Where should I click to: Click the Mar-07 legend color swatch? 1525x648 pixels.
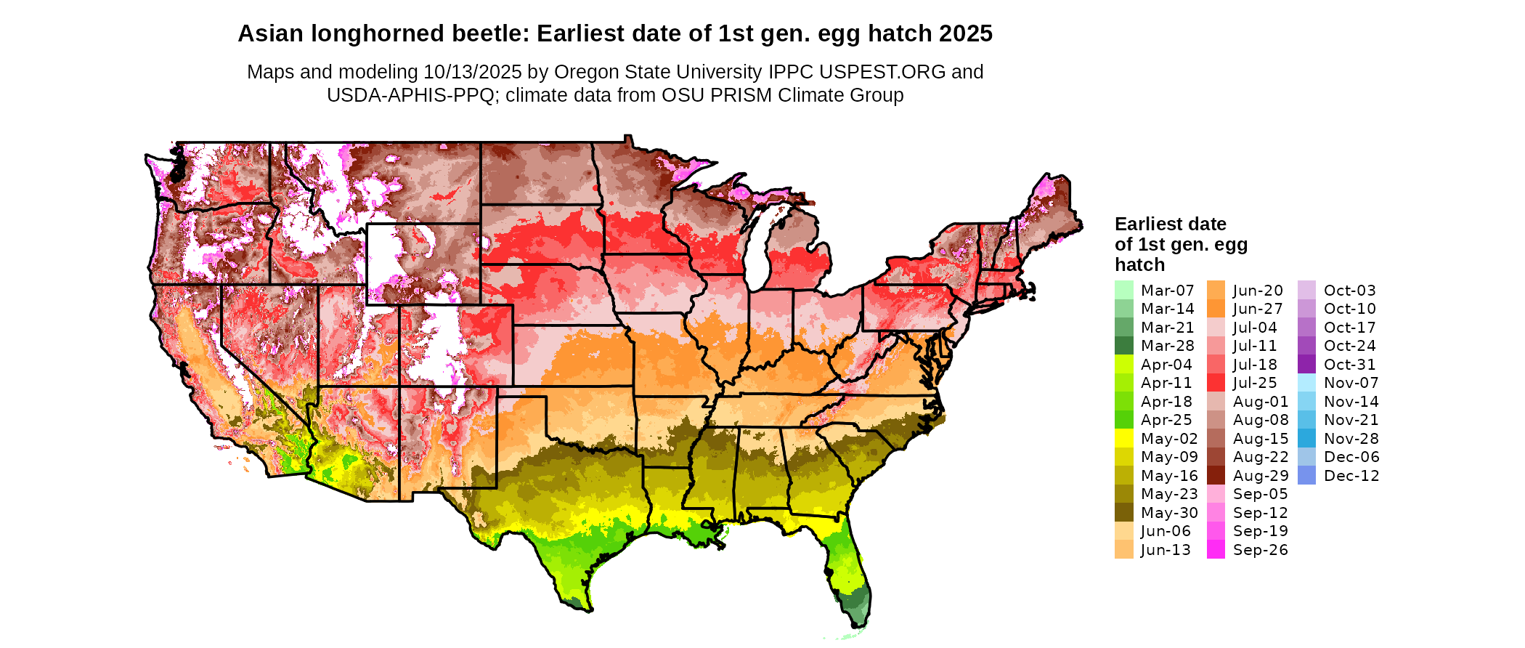(x=1123, y=290)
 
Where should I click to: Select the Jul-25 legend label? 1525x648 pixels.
(x=1255, y=383)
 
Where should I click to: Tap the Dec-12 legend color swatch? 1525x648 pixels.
(x=1306, y=476)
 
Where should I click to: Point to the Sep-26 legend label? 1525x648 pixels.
(x=1260, y=550)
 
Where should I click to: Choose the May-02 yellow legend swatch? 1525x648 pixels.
(x=1123, y=439)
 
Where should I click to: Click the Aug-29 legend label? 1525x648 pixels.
(x=1261, y=476)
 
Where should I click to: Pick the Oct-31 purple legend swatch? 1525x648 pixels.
(x=1306, y=365)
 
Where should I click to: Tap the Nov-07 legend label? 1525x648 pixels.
(x=1351, y=383)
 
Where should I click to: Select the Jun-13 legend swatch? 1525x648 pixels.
(x=1123, y=550)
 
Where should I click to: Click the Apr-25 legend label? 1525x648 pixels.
(x=1166, y=420)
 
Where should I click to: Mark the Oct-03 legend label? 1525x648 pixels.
(x=1350, y=291)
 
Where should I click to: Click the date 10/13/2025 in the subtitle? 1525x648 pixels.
(x=472, y=72)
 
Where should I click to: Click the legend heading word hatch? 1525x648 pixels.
(x=1139, y=264)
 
